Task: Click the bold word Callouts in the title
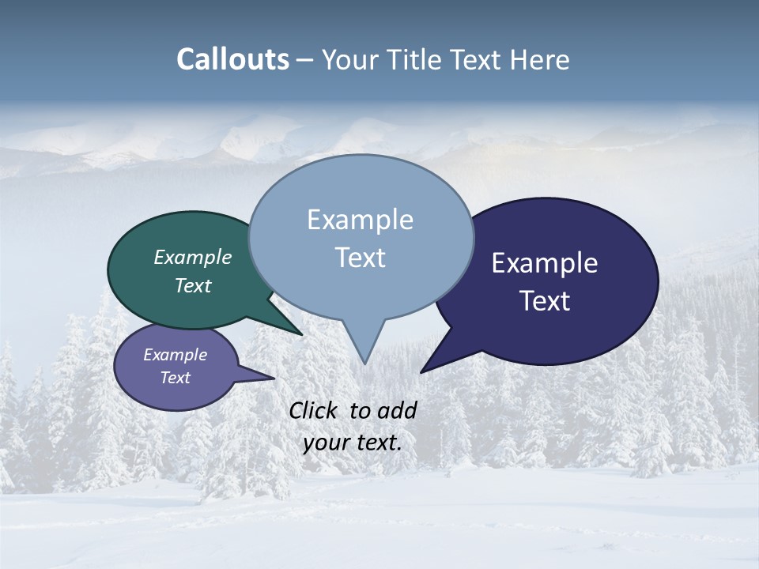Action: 232,59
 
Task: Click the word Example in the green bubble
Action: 193,257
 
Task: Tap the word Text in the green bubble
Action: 193,285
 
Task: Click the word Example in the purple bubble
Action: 175,355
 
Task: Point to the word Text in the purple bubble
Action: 175,378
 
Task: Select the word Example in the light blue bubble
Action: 360,220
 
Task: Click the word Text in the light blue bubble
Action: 360,258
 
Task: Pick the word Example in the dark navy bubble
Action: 545,263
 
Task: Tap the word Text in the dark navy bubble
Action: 545,301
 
